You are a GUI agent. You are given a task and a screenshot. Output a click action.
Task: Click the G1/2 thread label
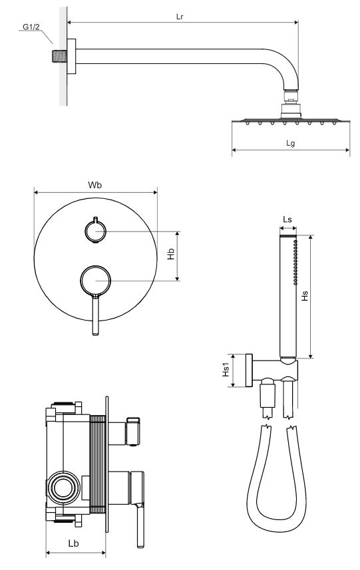[x=31, y=27]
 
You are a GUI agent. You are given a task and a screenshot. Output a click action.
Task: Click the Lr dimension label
[x=180, y=17]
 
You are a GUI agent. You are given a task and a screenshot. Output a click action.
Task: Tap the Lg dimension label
[x=290, y=143]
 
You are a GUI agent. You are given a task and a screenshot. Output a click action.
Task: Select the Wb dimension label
[x=95, y=185]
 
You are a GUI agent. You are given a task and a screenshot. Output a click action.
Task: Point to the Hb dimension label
[x=171, y=254]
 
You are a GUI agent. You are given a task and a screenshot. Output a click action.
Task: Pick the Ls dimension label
[x=287, y=219]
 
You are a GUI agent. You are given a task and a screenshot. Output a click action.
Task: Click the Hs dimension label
[x=305, y=296]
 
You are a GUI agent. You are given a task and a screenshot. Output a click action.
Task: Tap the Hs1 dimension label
[x=226, y=369]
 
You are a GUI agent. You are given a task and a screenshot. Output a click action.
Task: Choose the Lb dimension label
[x=73, y=543]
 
